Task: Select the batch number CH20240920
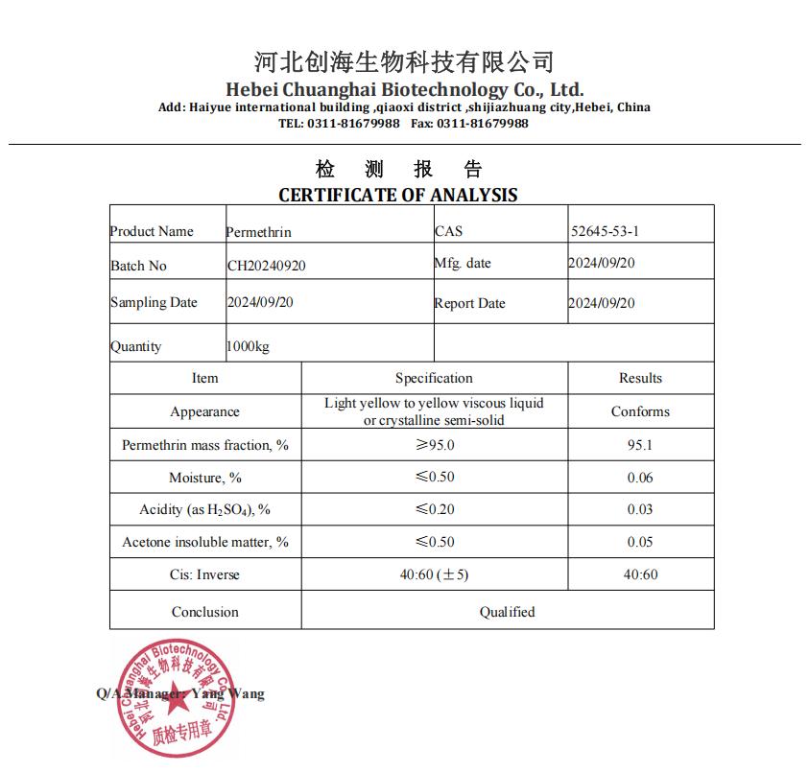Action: coord(266,266)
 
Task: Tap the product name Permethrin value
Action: coord(258,232)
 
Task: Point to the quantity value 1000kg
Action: coord(248,346)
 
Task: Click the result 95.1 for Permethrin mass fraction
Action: coord(640,445)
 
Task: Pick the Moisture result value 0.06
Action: coord(640,478)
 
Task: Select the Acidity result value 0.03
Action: coord(640,509)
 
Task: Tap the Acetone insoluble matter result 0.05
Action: coord(640,542)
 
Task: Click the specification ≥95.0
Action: coord(435,445)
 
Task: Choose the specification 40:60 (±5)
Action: coord(434,574)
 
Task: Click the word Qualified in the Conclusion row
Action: coord(507,611)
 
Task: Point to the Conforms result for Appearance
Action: coord(640,411)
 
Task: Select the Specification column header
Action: coord(434,378)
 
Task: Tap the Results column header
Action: coord(640,378)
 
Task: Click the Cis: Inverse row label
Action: coord(204,574)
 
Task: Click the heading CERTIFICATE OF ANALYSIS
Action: coord(397,195)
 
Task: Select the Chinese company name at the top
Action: coord(404,62)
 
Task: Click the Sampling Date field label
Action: coord(154,302)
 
